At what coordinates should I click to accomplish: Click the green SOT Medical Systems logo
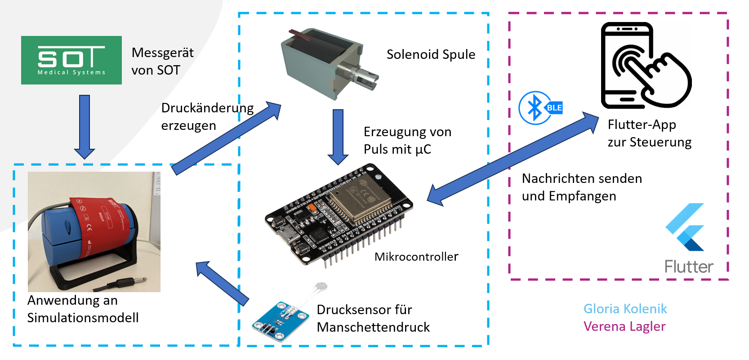(x=71, y=60)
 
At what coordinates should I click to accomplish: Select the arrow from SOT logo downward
(x=84, y=126)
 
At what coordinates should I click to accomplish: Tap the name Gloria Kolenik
(x=625, y=309)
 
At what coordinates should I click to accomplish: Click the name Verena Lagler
(x=624, y=326)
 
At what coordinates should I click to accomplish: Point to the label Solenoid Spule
(x=431, y=54)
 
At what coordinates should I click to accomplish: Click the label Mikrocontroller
(x=416, y=257)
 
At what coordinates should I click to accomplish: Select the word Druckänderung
(x=207, y=108)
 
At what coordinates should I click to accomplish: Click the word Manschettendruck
(x=373, y=327)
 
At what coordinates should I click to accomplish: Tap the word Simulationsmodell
(x=83, y=318)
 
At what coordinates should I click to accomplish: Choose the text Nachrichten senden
(x=582, y=178)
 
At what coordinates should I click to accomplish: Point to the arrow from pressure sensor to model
(x=223, y=283)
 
